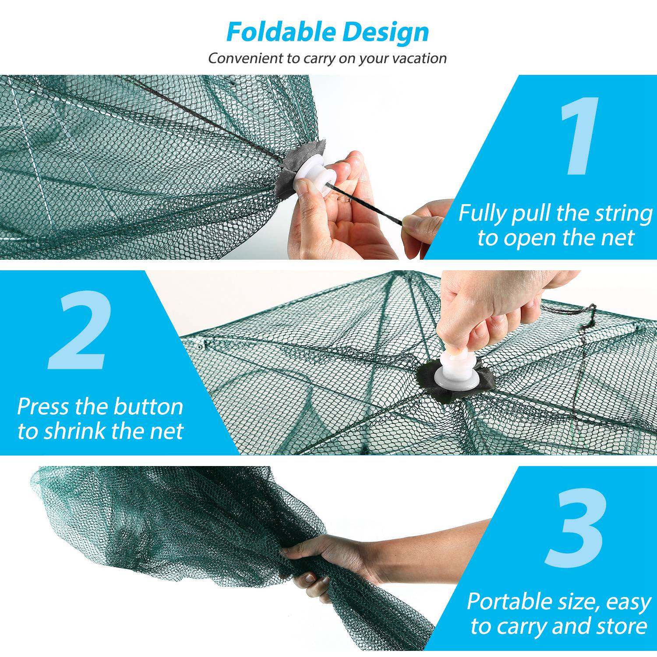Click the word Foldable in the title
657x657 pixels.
pyautogui.click(x=281, y=32)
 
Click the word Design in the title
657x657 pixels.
pyautogui.click(x=385, y=33)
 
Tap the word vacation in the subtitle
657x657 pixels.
pyautogui.click(x=419, y=58)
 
